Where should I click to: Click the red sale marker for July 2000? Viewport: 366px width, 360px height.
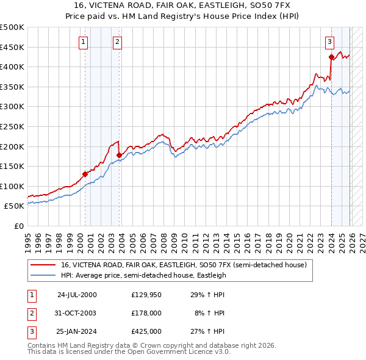pos(85,174)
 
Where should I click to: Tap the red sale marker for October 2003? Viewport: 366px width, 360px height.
pos(118,155)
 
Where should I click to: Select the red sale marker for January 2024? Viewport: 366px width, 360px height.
pos(331,57)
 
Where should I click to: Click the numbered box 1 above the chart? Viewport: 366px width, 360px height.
pos(82,42)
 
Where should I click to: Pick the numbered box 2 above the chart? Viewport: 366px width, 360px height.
pos(117,42)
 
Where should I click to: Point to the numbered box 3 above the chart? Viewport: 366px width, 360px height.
pos(329,42)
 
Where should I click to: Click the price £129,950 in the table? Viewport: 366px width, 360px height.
pos(146,295)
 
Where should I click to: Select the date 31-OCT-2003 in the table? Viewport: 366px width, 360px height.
pos(76,313)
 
